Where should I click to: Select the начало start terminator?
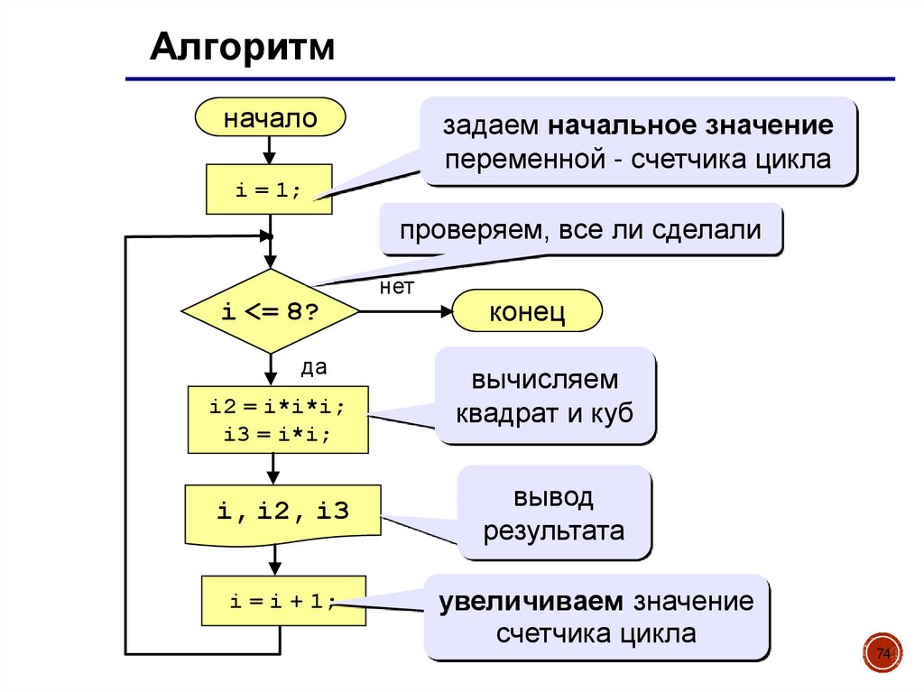[x=270, y=118]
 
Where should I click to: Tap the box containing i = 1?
[x=270, y=189]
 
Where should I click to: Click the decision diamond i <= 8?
[x=270, y=311]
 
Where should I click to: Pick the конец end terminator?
[x=527, y=312]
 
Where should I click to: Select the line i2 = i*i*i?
[x=277, y=406]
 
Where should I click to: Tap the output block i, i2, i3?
[x=282, y=512]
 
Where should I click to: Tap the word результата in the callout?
[x=553, y=531]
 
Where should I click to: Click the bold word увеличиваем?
[x=531, y=600]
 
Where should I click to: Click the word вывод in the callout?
[x=553, y=497]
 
